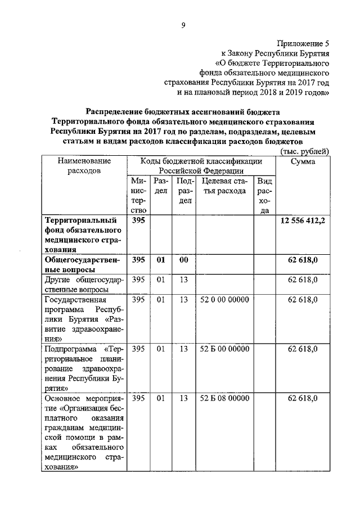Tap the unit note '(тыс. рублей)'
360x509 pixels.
tap(304, 151)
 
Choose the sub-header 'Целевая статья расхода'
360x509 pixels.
tap(224, 186)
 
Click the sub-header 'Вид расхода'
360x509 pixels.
tap(264, 196)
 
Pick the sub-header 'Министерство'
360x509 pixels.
tap(138, 196)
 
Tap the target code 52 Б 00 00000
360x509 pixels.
tap(224, 349)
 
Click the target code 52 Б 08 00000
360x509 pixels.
tap(224, 399)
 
